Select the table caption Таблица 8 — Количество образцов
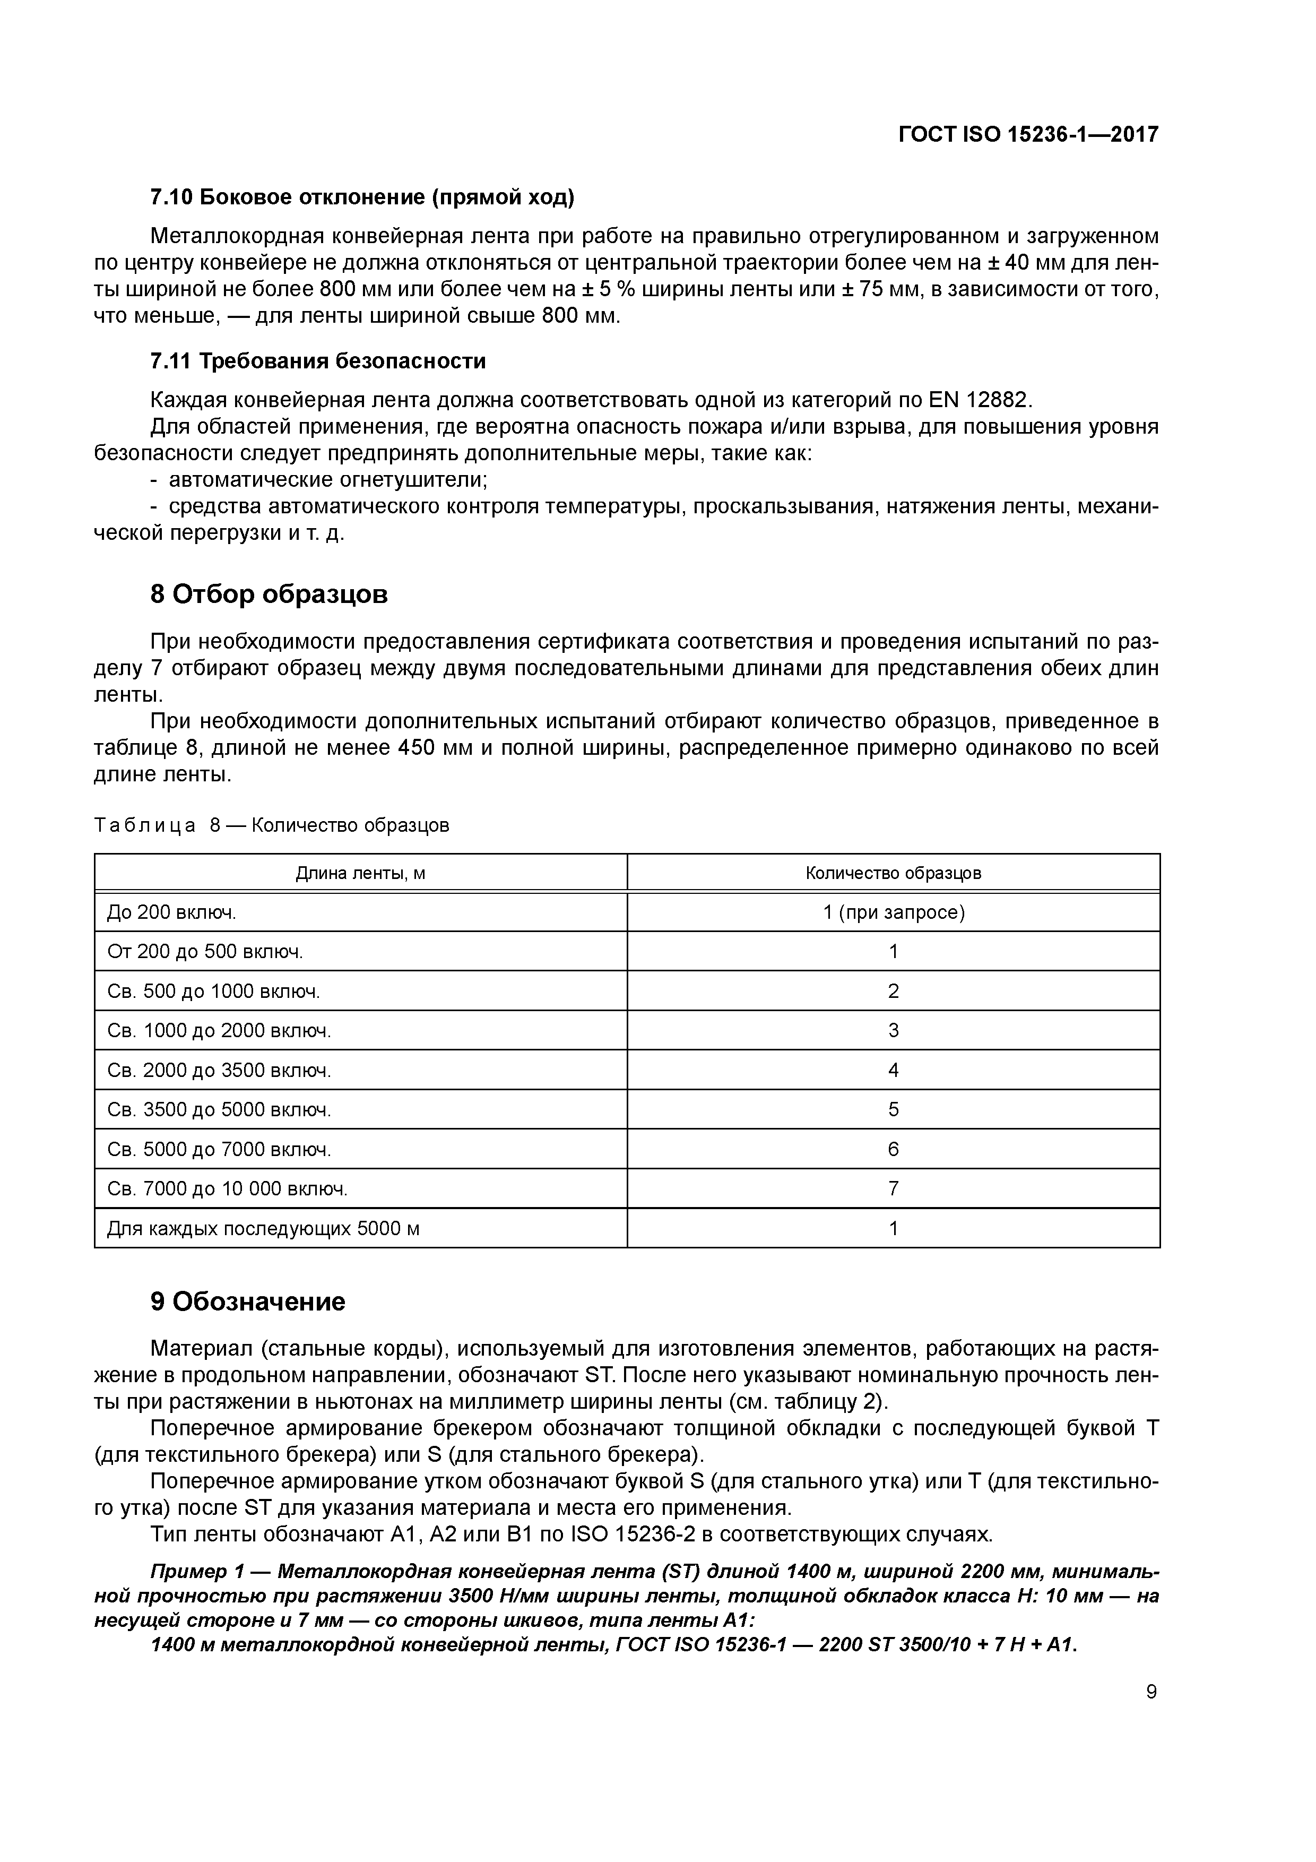(x=272, y=825)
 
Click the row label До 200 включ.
(x=172, y=912)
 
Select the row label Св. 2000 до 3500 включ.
(x=219, y=1071)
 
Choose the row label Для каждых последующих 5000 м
(x=264, y=1229)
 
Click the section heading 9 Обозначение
(x=248, y=1303)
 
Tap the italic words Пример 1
(x=198, y=1572)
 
